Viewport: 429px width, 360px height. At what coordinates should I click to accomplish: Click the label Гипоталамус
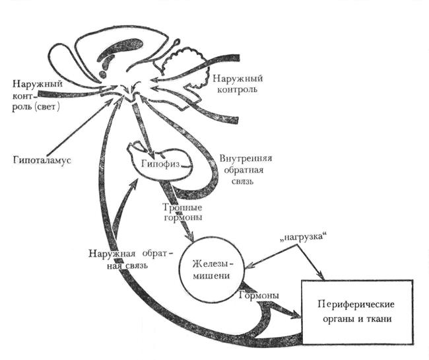[42, 160]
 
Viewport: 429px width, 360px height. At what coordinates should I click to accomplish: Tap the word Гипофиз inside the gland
[161, 163]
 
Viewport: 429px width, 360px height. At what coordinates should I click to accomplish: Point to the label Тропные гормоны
[183, 212]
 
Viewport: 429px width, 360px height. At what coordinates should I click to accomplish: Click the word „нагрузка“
[303, 236]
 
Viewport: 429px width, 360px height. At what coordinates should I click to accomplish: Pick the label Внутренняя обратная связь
[245, 170]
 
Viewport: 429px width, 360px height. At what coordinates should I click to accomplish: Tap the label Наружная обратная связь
[131, 260]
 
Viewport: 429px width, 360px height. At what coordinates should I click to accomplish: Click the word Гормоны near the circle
[259, 295]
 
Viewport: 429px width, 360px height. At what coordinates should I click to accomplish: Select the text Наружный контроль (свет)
[37, 94]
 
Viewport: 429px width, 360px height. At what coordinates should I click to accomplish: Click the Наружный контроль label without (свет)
[238, 84]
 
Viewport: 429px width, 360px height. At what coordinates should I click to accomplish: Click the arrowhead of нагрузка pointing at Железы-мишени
[249, 266]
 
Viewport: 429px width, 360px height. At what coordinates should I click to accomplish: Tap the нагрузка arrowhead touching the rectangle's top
[320, 276]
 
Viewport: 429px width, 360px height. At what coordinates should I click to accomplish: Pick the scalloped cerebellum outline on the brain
[186, 65]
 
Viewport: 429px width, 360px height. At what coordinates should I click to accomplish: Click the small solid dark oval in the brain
[102, 75]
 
